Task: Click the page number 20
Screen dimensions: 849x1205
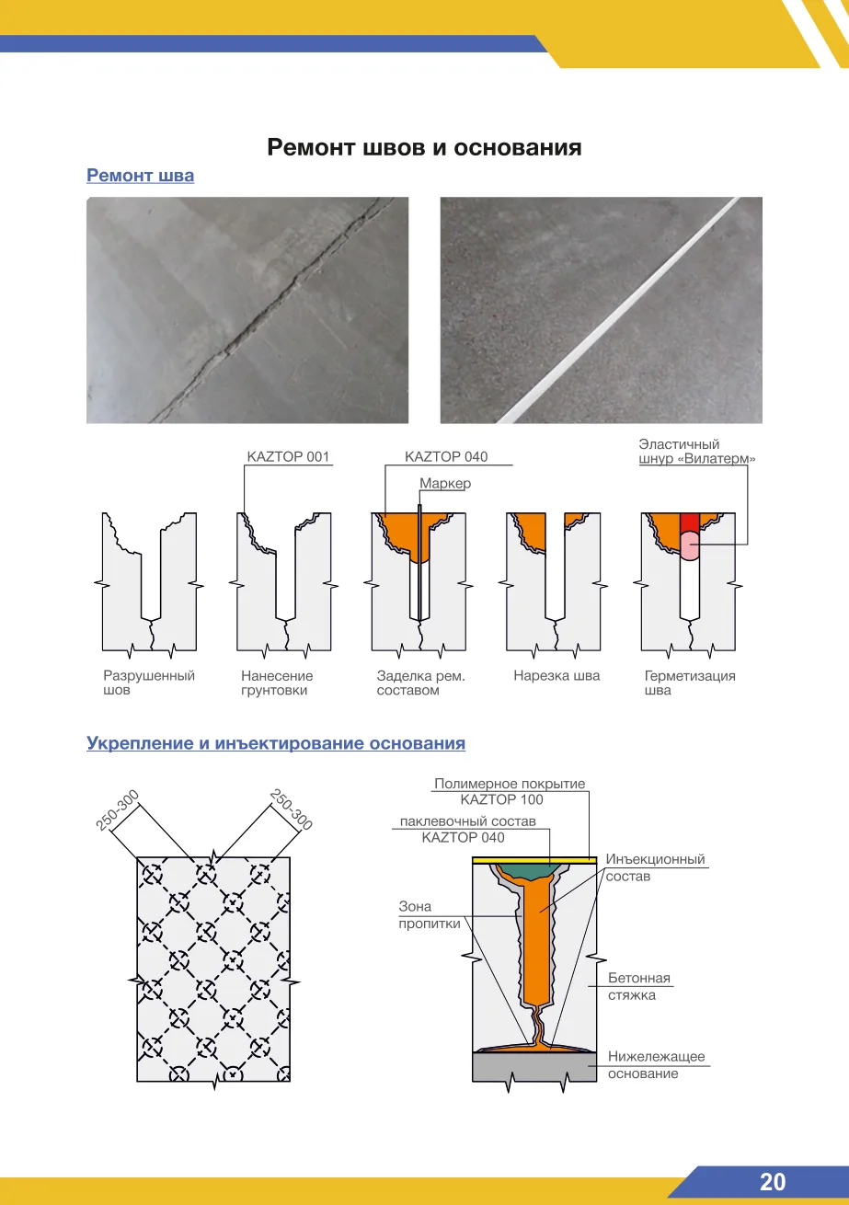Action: (x=772, y=1182)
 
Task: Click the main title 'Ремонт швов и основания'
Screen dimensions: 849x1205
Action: (x=424, y=147)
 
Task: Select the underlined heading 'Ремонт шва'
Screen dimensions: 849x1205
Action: (x=141, y=176)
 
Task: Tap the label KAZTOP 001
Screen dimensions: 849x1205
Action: (x=288, y=457)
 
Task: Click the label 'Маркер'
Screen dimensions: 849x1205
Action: (x=445, y=483)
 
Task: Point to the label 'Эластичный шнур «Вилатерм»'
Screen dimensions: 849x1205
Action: (x=696, y=452)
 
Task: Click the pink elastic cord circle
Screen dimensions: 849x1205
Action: (x=690, y=545)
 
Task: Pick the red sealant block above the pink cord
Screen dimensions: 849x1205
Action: (x=690, y=522)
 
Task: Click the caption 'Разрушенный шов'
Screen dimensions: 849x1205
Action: (x=148, y=683)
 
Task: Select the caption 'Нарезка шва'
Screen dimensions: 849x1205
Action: (x=556, y=676)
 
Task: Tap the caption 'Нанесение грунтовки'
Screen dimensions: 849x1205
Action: (x=277, y=683)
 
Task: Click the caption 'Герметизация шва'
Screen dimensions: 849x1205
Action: (x=690, y=683)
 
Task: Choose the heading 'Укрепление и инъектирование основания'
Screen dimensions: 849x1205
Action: (x=276, y=743)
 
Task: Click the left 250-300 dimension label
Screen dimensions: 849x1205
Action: (x=118, y=810)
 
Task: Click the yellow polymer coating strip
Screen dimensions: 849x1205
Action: (x=534, y=861)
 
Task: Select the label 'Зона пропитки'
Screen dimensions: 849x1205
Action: (x=430, y=914)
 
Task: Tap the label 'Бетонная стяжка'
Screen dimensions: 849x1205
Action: (x=639, y=986)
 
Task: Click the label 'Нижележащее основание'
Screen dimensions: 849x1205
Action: (x=657, y=1064)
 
